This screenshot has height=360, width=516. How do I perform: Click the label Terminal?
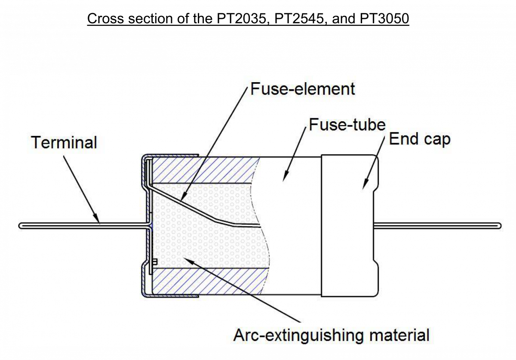(x=64, y=143)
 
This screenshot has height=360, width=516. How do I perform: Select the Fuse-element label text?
(x=303, y=89)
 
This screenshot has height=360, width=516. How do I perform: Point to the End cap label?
(x=419, y=139)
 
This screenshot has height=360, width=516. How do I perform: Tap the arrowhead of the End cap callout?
(x=363, y=188)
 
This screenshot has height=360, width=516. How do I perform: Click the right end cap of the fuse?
(x=349, y=225)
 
